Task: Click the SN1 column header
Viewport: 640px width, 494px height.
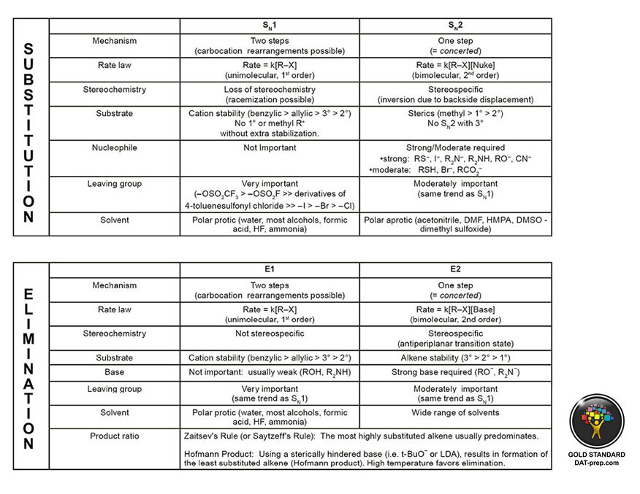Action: click(x=270, y=26)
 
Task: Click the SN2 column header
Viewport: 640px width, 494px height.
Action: click(x=455, y=26)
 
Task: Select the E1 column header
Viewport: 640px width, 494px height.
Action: click(x=270, y=270)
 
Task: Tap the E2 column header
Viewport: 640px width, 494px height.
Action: click(x=455, y=270)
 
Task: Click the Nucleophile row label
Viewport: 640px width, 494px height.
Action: click(x=114, y=148)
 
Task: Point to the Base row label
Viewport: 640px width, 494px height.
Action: click(x=114, y=372)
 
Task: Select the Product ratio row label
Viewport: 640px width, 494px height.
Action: click(x=114, y=436)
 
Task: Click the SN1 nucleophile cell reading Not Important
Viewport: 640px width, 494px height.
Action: click(x=270, y=148)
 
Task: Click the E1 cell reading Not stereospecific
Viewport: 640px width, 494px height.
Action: click(x=270, y=334)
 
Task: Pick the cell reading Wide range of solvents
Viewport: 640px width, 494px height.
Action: click(x=455, y=412)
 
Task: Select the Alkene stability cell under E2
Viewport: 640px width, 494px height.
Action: click(x=455, y=358)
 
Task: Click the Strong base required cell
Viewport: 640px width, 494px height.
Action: click(x=455, y=372)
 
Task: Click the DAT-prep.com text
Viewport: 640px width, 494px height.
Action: click(x=596, y=463)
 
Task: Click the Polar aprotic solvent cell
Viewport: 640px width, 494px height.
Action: click(x=455, y=224)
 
